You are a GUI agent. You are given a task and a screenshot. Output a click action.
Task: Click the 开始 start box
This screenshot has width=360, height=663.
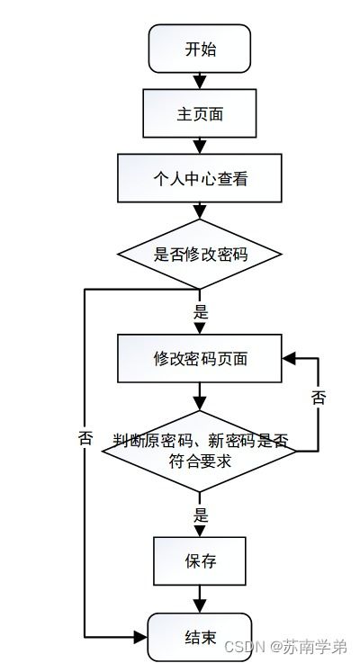click(200, 49)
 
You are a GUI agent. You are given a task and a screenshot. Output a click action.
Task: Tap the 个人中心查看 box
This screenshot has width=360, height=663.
click(200, 178)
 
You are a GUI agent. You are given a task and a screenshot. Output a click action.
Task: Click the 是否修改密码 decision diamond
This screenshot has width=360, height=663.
click(200, 255)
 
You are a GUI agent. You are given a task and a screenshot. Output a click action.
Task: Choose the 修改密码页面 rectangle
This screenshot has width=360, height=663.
click(200, 358)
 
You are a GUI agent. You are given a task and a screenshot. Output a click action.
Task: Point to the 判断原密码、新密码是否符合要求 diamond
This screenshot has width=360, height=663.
click(200, 450)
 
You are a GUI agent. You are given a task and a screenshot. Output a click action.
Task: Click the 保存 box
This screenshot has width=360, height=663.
click(200, 561)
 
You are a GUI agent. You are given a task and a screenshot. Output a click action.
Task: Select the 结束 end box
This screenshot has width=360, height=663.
click(200, 637)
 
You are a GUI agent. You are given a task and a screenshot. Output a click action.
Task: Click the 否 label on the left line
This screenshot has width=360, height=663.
click(85, 439)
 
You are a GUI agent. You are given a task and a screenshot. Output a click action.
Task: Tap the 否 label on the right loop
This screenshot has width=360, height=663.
click(318, 398)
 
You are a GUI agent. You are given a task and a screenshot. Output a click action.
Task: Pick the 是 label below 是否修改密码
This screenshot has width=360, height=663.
click(200, 313)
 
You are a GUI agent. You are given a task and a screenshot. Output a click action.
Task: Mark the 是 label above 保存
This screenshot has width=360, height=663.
click(200, 516)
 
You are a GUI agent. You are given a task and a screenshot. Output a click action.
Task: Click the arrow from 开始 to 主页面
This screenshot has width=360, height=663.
click(200, 81)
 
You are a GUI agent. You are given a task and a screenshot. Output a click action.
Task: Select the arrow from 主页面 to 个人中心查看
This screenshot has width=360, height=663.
click(200, 146)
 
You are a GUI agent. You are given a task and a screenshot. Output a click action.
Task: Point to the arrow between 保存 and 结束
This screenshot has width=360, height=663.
click(200, 599)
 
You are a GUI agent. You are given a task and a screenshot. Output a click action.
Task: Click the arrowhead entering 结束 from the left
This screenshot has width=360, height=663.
click(141, 637)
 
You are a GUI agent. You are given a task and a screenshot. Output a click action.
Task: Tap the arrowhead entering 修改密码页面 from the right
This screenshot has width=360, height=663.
click(288, 358)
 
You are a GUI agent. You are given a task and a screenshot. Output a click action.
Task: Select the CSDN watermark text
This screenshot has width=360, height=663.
click(285, 647)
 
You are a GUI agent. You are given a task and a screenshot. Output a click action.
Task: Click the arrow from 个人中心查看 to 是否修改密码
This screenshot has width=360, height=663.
click(200, 211)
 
